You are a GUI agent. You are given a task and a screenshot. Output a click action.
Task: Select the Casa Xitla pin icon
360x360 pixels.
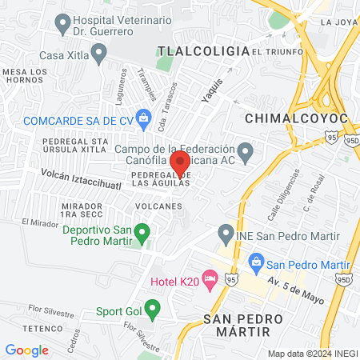click(x=99, y=54)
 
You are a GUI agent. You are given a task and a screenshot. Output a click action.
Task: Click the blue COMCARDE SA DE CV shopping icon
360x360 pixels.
click(x=144, y=119)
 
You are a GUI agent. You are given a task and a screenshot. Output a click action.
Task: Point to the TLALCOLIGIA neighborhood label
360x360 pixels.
click(x=203, y=50)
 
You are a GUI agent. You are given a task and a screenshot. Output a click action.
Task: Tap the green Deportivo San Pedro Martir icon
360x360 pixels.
click(x=142, y=234)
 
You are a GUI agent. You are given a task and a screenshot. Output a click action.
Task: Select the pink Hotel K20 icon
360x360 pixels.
click(x=210, y=280)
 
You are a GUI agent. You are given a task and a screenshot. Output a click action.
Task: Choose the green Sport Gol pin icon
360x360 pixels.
click(x=145, y=311)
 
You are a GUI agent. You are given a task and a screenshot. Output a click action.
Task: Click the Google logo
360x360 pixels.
click(x=27, y=350)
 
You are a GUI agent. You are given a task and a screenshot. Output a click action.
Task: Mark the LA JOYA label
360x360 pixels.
click(x=336, y=22)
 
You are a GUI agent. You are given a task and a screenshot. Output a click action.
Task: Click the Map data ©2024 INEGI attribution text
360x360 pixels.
click(x=311, y=353)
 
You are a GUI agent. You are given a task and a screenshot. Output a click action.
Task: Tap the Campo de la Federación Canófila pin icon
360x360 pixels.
click(x=246, y=150)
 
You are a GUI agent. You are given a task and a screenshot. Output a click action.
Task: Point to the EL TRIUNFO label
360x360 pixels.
click(x=277, y=51)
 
